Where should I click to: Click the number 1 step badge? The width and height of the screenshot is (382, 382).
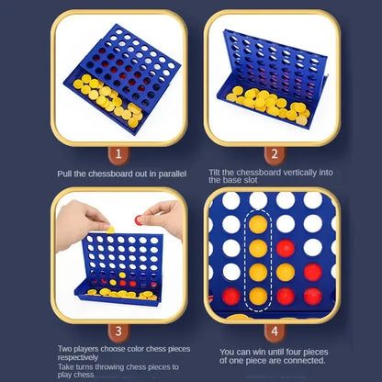click(x=117, y=154)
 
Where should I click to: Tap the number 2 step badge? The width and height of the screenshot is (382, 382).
click(x=273, y=154)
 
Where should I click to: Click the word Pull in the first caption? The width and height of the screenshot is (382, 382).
click(x=65, y=174)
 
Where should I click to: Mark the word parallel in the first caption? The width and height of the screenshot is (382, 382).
click(x=172, y=174)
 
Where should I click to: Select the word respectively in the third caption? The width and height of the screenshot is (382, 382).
click(x=79, y=357)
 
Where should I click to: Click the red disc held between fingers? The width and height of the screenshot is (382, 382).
click(x=140, y=219)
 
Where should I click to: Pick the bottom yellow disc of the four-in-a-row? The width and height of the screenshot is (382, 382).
click(x=259, y=296)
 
